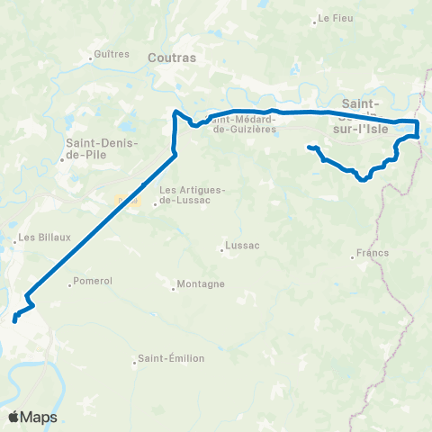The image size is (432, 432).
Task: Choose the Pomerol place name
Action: click(x=94, y=282)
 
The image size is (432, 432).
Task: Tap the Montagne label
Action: click(x=201, y=284)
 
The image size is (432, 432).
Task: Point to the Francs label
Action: click(x=372, y=253)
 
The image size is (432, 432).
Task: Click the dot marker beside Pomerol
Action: click(x=70, y=286)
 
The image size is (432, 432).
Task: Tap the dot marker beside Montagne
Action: click(x=174, y=289)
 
